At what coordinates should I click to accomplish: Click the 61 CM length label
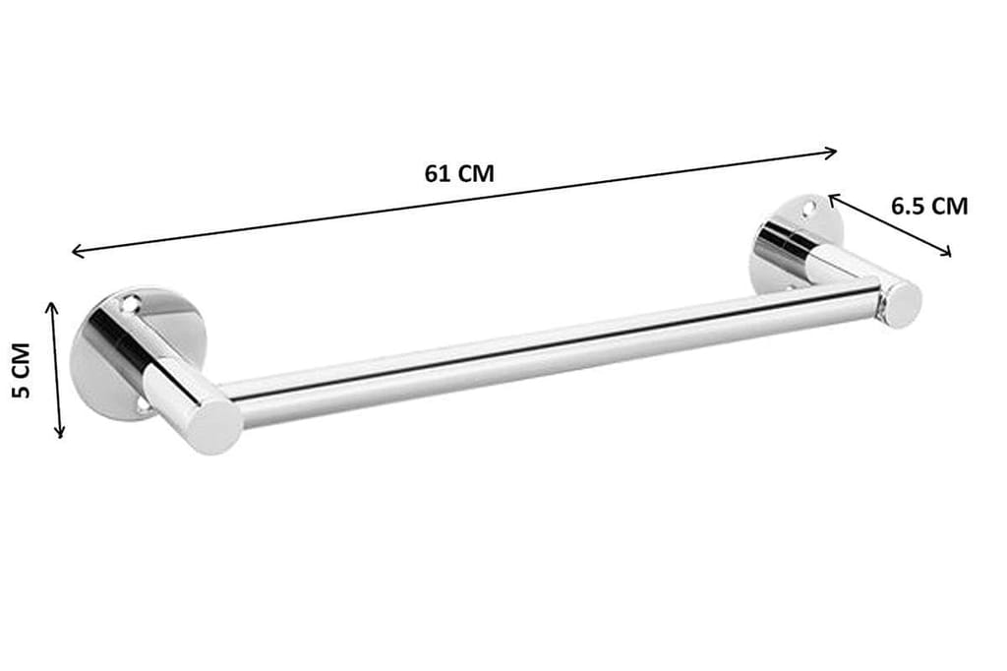pyautogui.click(x=459, y=174)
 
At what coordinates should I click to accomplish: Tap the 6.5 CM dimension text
pyautogui.click(x=928, y=206)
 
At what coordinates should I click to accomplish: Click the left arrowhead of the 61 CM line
pyautogui.click(x=75, y=254)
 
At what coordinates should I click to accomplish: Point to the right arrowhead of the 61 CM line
pyautogui.click(x=834, y=152)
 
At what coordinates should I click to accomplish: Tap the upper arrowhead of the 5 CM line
pyautogui.click(x=54, y=306)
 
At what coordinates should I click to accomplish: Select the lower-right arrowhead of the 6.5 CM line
pyautogui.click(x=948, y=253)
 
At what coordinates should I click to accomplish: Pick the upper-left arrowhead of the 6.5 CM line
pyautogui.click(x=832, y=198)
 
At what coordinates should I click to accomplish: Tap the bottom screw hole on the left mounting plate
pyautogui.click(x=145, y=402)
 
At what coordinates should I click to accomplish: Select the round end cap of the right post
pyautogui.click(x=900, y=304)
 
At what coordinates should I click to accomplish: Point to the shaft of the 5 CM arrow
pyautogui.click(x=57, y=370)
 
